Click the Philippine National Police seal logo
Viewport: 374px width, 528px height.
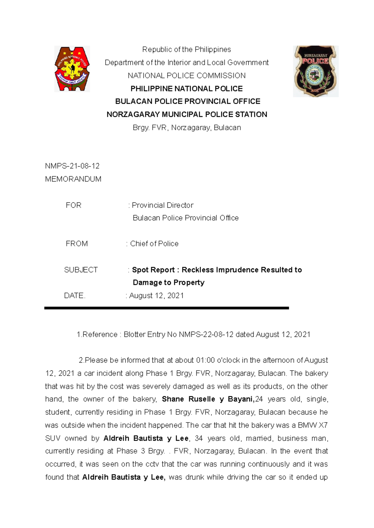point(72,69)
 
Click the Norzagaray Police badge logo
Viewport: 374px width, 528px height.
point(315,71)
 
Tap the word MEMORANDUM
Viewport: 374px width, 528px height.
point(73,179)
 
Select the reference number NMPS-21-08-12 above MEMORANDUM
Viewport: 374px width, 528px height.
point(72,166)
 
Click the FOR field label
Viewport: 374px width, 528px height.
point(74,205)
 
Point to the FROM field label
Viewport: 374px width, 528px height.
point(77,243)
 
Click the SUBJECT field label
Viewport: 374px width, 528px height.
point(81,270)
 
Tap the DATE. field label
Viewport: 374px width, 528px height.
point(74,295)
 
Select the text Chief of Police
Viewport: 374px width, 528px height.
point(154,243)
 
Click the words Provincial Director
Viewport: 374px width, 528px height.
point(162,205)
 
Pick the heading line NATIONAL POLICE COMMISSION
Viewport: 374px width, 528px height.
point(187,76)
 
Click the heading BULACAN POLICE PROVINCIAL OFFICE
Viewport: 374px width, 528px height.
point(188,101)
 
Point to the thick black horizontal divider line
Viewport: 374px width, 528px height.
point(166,308)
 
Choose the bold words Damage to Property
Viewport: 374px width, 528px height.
point(169,282)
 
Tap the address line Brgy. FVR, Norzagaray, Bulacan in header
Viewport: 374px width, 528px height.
point(187,128)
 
